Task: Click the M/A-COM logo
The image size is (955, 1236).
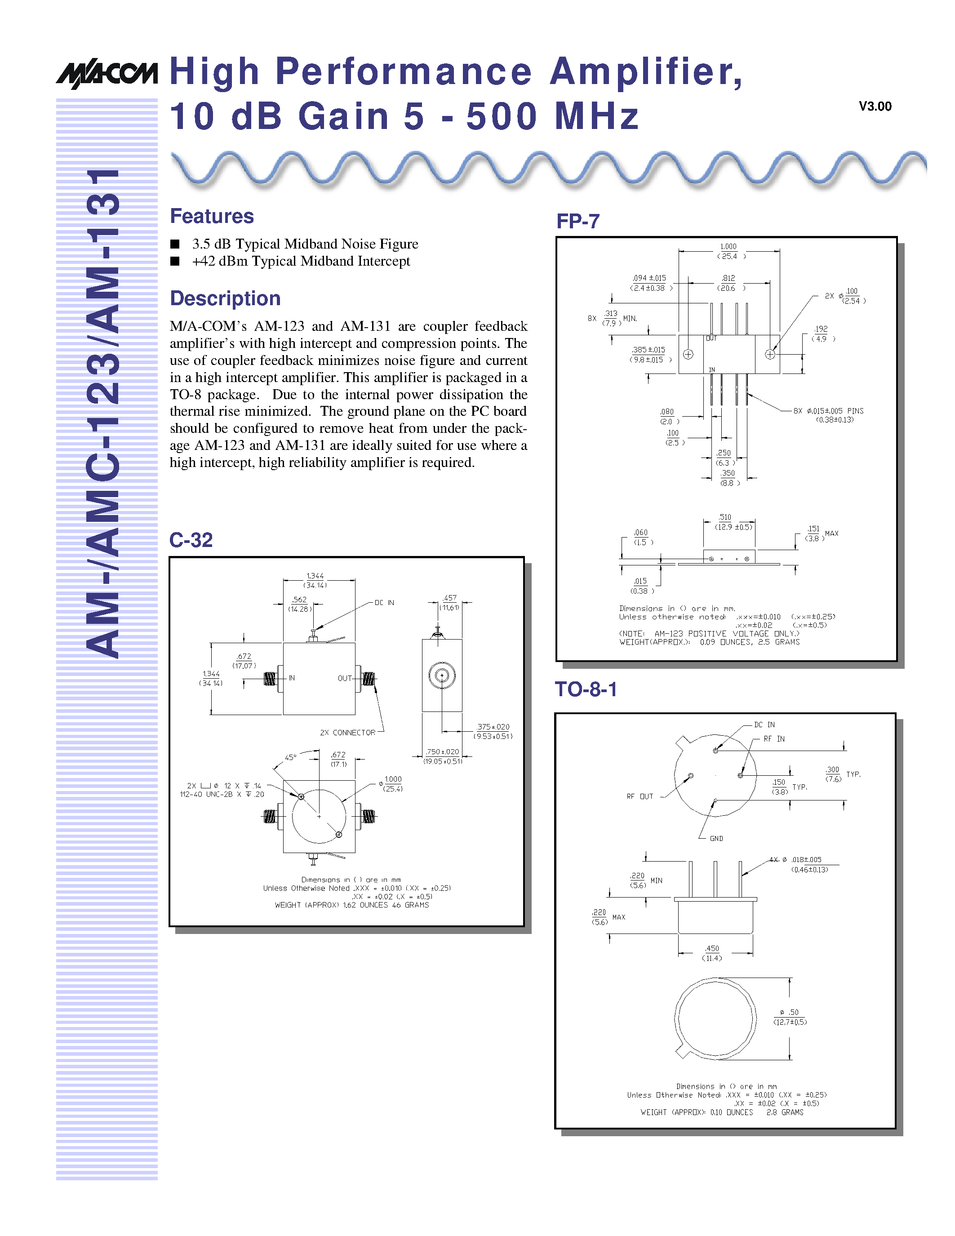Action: pos(107,74)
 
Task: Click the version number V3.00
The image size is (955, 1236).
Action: pos(875,107)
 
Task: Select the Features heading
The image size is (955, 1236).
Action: pos(212,216)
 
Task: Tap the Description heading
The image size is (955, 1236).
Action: pos(225,298)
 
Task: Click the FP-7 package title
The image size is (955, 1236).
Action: pos(577,221)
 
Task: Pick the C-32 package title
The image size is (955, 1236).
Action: pos(191,540)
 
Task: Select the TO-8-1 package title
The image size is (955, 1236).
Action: pos(586,689)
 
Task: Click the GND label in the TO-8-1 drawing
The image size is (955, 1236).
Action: pos(716,838)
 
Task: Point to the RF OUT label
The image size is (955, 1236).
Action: pos(640,796)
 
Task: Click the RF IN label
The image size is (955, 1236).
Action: pos(774,739)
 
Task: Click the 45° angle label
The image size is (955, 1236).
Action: pos(290,757)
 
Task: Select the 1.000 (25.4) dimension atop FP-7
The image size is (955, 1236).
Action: pos(728,251)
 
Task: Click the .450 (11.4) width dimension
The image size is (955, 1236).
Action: pos(712,953)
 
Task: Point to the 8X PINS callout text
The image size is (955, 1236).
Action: pos(829,411)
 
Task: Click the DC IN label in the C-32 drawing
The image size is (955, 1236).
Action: pos(384,603)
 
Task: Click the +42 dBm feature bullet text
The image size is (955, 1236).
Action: pos(301,261)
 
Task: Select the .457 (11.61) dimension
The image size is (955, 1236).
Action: pos(450,602)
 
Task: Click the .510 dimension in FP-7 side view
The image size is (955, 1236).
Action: pos(725,517)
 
